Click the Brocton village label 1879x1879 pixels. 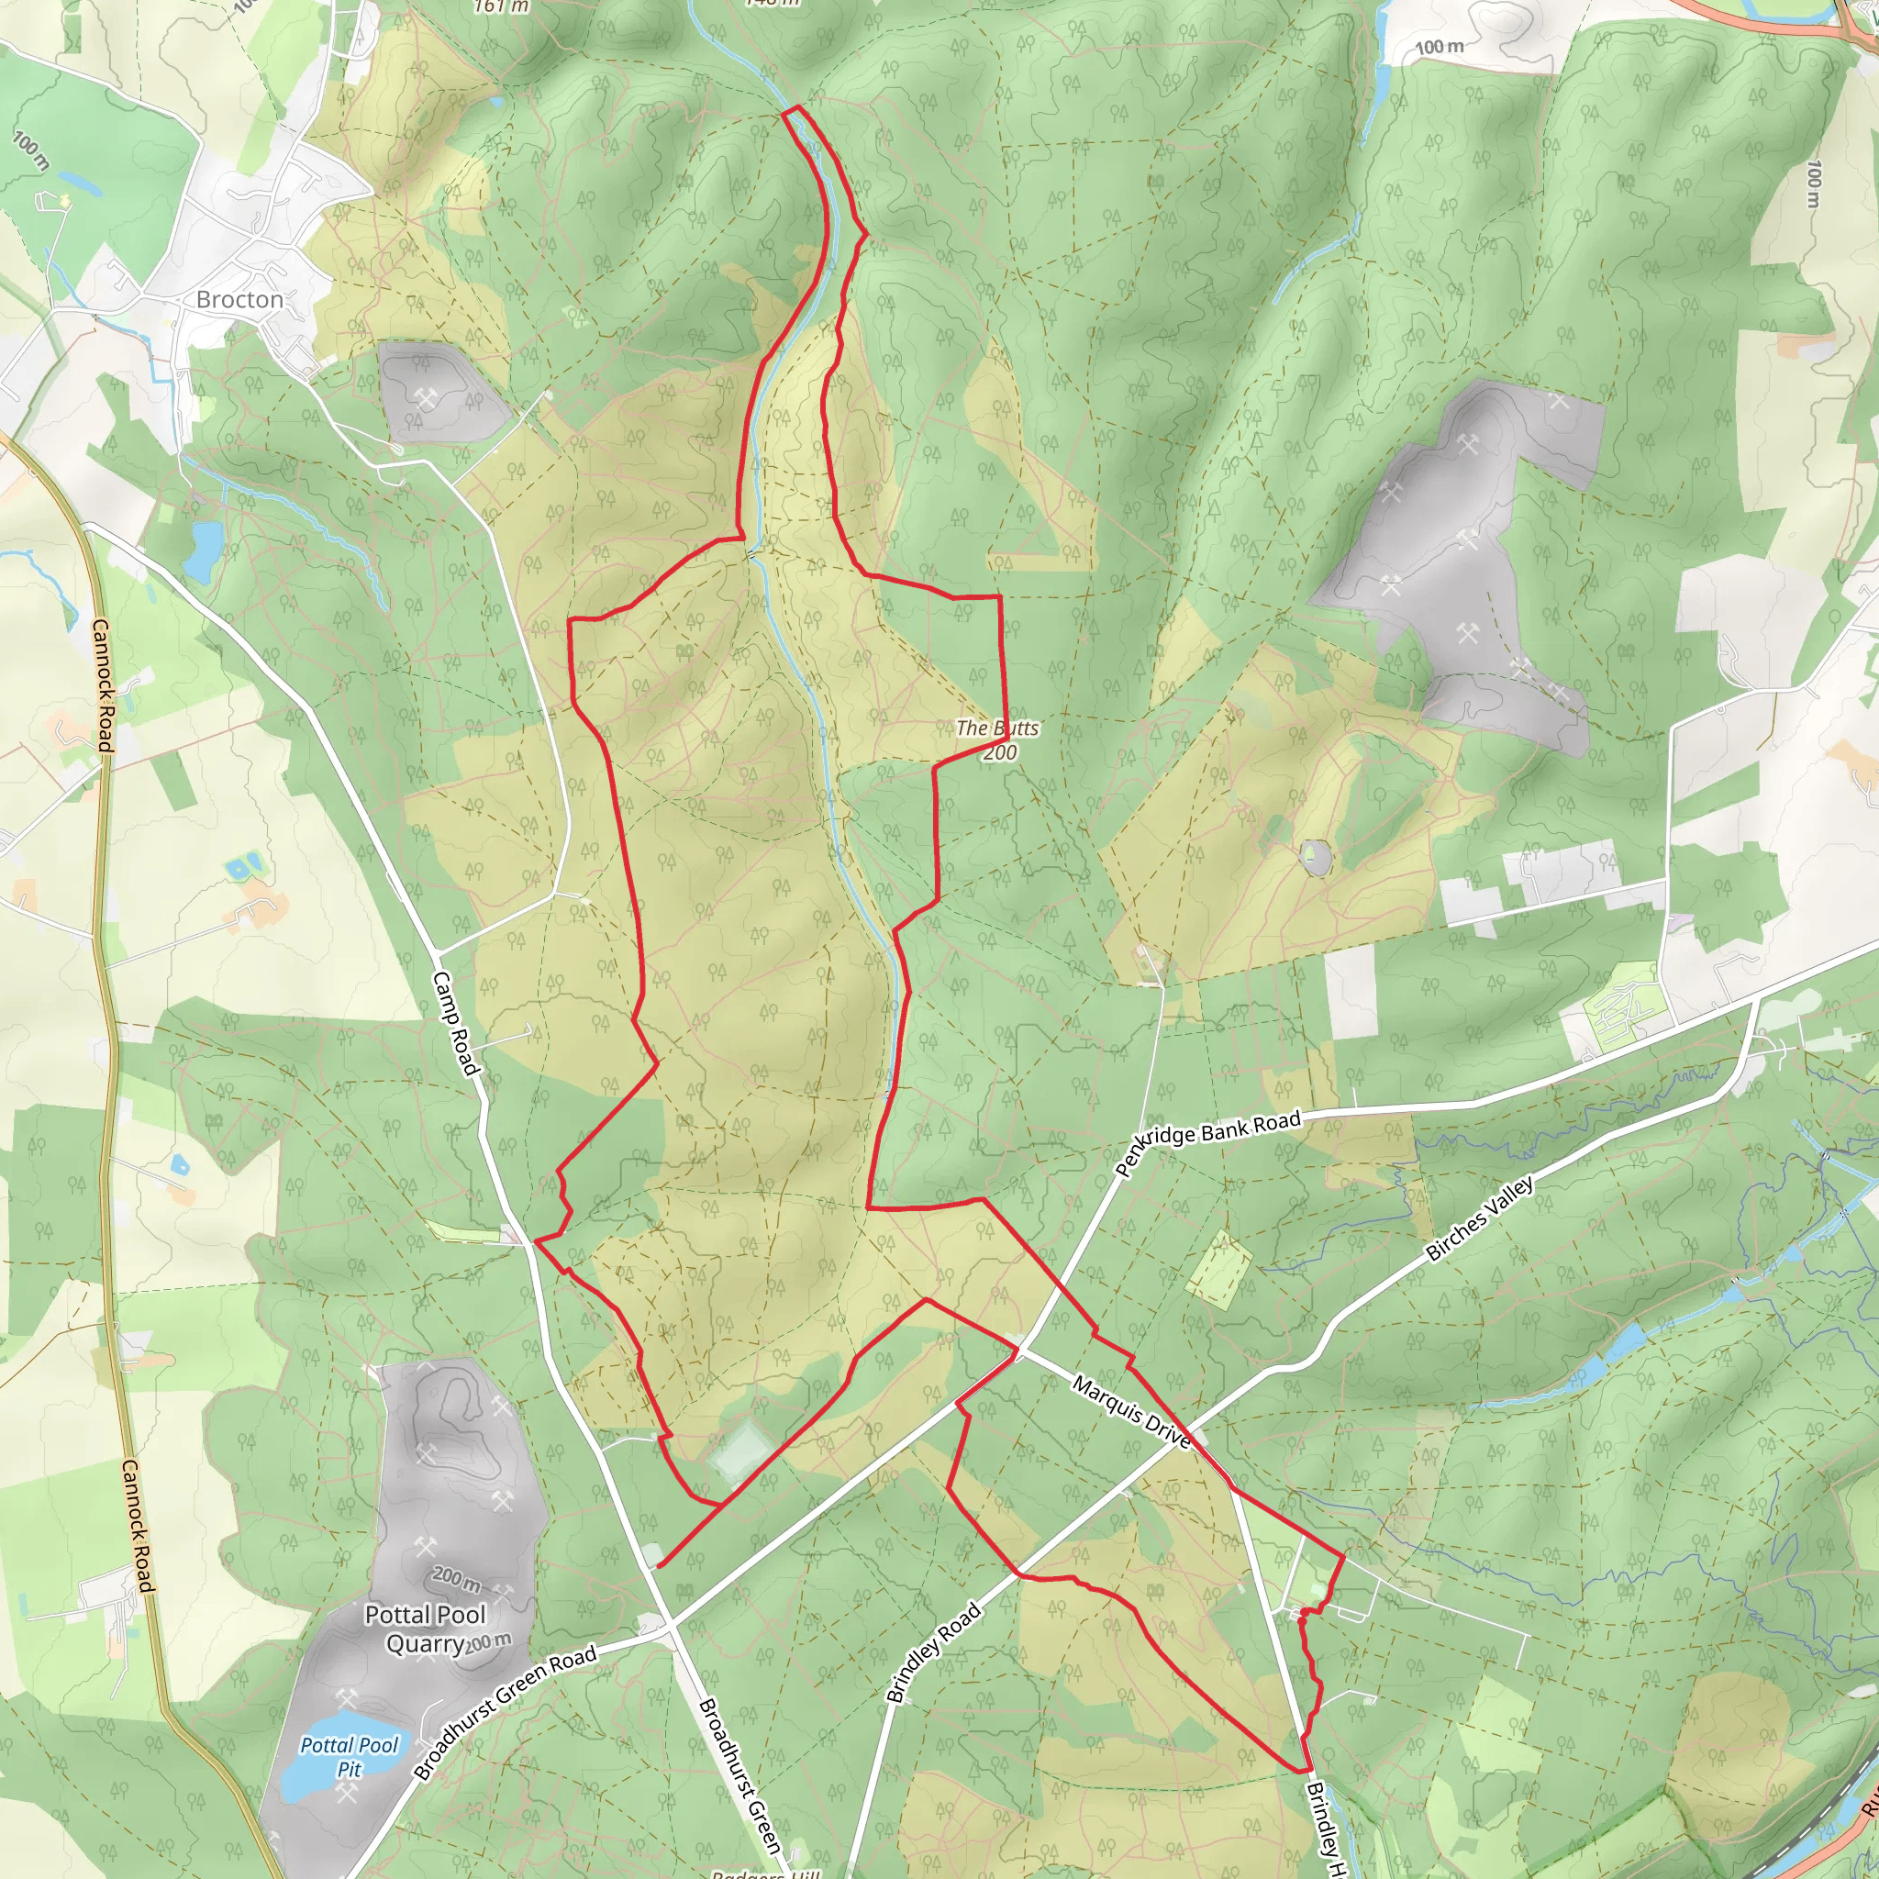tap(239, 299)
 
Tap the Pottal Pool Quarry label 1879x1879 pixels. tap(425, 1629)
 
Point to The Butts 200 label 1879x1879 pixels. tap(998, 739)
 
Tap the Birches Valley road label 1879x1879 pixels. tap(1479, 1218)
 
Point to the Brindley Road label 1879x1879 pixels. tap(934, 1653)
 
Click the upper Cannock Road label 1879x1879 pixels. tap(103, 684)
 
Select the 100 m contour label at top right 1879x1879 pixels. tap(1440, 47)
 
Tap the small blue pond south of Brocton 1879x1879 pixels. tap(205, 550)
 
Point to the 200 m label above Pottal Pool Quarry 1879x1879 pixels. tap(455, 1575)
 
